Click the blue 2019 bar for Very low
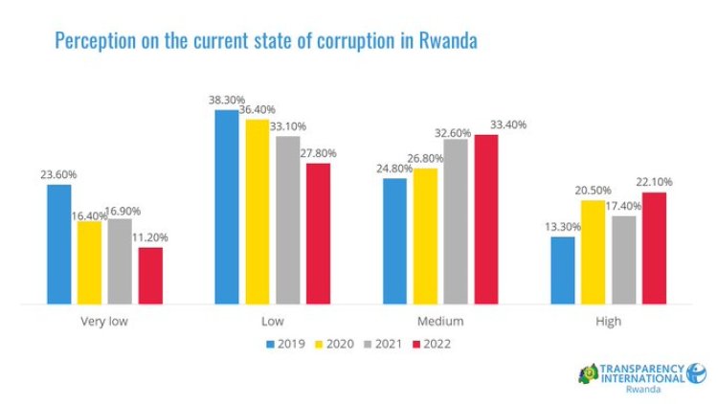coord(58,244)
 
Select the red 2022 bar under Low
coord(318,234)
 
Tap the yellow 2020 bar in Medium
coord(425,236)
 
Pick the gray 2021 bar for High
coord(623,259)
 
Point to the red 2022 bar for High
coord(654,248)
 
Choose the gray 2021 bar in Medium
coord(456,221)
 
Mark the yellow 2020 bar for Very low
coord(89,262)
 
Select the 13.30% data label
coord(563,226)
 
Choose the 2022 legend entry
coord(430,344)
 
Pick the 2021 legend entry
coord(382,344)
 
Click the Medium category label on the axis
coord(440,322)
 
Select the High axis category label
coord(608,322)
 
